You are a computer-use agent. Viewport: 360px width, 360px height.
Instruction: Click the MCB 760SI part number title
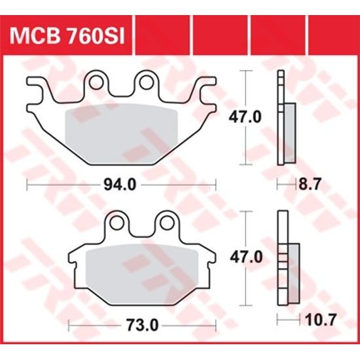point(67,33)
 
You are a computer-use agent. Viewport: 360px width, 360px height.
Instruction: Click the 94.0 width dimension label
point(120,185)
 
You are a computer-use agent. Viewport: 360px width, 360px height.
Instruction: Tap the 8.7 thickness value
point(309,185)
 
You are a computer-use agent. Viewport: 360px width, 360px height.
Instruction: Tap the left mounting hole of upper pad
point(98,82)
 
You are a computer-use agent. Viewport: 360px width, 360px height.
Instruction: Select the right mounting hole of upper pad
point(144,82)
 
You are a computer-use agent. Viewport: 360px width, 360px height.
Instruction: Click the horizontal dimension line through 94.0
point(65,185)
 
